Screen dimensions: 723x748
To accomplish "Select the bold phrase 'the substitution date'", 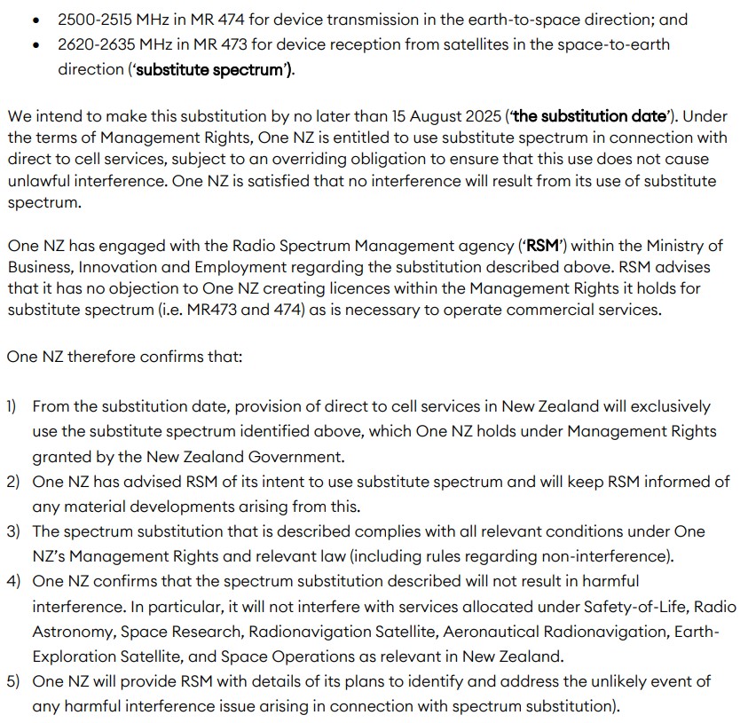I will [590, 115].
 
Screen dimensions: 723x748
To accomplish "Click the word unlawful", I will [41, 181].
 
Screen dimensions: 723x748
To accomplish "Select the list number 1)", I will [12, 406].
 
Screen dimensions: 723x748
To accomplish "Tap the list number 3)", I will [13, 531].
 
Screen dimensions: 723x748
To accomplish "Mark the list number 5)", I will [13, 681].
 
